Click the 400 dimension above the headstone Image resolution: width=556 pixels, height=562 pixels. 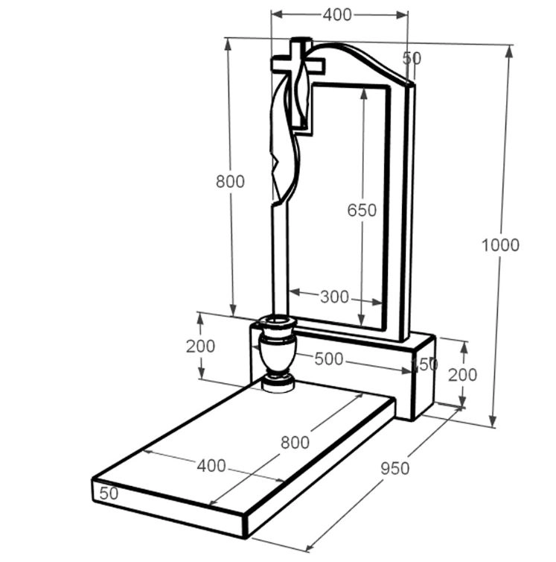click(x=337, y=15)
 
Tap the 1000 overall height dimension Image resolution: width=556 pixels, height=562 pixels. click(x=500, y=245)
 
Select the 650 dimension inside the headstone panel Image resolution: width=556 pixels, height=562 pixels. click(x=362, y=210)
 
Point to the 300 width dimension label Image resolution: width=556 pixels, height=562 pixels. click(x=334, y=297)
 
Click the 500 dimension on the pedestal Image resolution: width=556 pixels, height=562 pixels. click(x=329, y=359)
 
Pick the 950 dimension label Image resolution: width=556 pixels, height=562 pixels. click(x=394, y=468)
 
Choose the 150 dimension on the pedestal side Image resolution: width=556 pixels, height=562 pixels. click(x=425, y=364)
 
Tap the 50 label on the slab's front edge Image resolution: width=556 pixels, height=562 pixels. click(x=109, y=493)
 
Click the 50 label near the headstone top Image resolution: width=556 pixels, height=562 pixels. click(x=412, y=58)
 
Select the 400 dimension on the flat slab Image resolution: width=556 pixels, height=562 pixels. click(x=211, y=466)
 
